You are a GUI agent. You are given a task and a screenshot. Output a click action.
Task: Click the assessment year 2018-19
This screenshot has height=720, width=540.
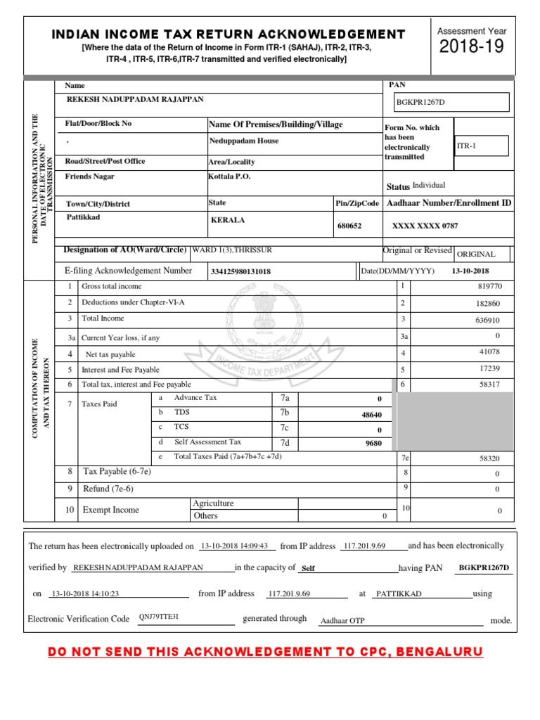coord(472,48)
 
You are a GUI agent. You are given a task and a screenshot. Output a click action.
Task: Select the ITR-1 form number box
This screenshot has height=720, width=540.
coord(481,146)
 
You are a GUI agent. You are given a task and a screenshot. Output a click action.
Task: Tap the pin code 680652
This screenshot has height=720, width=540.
coord(349,226)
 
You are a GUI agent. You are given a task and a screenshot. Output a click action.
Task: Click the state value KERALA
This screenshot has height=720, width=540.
coord(228,220)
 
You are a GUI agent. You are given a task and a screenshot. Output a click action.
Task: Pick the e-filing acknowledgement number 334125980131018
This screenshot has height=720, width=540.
coord(240,271)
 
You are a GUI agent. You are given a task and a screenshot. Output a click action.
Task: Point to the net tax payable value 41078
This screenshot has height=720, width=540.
coord(489,352)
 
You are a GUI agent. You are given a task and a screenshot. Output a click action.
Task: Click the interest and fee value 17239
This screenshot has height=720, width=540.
coord(489,368)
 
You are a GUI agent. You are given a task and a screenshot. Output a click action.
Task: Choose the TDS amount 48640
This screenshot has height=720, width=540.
coord(371,415)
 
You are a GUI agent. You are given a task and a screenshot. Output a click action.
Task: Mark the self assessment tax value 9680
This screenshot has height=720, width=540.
coord(373,444)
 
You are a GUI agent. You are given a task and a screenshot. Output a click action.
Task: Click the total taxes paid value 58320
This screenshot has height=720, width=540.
coord(489,458)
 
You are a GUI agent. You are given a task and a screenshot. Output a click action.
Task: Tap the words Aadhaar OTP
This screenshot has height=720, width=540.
coord(342,621)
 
